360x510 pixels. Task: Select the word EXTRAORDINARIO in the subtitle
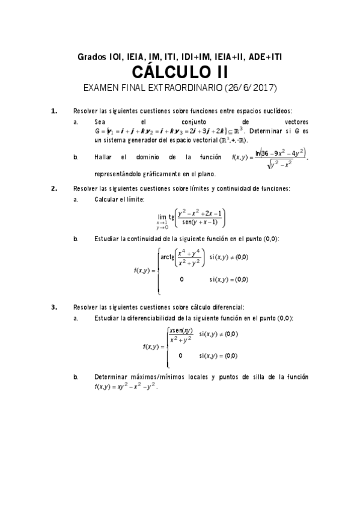pyautogui.click(x=179, y=88)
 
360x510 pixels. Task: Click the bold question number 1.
pyautogui.click(x=53, y=111)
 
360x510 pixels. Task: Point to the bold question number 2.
pyautogui.click(x=53, y=188)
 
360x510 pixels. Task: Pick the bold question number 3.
pyautogui.click(x=53, y=307)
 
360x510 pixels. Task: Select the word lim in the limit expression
pyautogui.click(x=162, y=217)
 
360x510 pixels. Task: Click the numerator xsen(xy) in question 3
pyautogui.click(x=180, y=330)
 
